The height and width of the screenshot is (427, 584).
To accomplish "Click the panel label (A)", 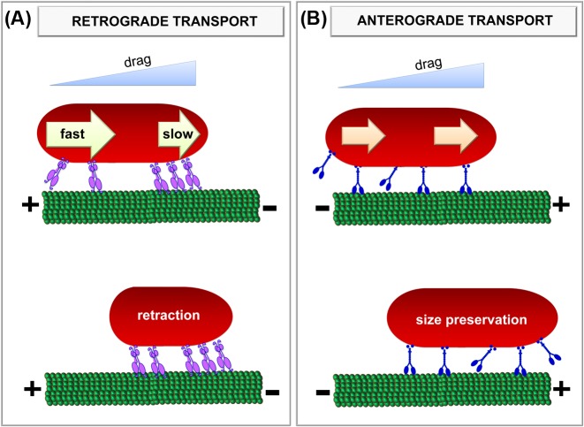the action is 17,19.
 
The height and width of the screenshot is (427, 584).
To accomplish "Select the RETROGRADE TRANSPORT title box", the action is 161,21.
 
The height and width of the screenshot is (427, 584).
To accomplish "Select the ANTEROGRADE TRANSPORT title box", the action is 454,21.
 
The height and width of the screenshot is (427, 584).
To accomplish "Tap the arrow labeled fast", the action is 80,133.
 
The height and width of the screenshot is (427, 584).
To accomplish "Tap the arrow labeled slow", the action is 179,133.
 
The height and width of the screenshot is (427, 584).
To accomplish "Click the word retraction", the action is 169,316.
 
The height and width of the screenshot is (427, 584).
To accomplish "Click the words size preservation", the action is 472,320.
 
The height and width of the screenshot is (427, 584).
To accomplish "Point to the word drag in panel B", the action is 428,64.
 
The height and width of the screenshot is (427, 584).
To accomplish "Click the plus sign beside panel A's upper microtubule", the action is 31,205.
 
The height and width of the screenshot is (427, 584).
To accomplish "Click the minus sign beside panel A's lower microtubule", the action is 273,393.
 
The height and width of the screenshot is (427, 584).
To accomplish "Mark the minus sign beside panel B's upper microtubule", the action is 322,208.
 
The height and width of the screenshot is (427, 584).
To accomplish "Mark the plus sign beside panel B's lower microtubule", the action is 562,389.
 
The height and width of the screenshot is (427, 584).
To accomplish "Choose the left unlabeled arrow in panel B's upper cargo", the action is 363,136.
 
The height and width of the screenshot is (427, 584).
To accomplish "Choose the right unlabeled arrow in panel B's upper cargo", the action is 456,136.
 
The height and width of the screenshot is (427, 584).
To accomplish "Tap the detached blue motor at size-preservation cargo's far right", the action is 550,351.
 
